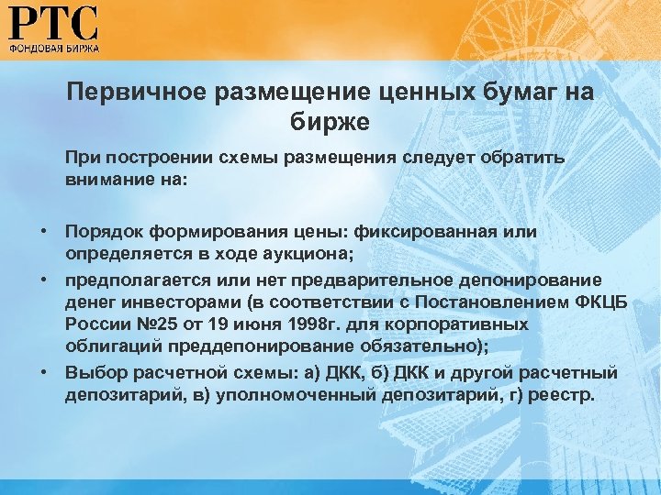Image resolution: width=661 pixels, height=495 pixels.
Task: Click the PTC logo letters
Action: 54,22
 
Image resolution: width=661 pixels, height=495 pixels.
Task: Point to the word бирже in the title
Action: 330,120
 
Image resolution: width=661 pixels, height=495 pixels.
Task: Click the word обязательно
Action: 431,348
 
